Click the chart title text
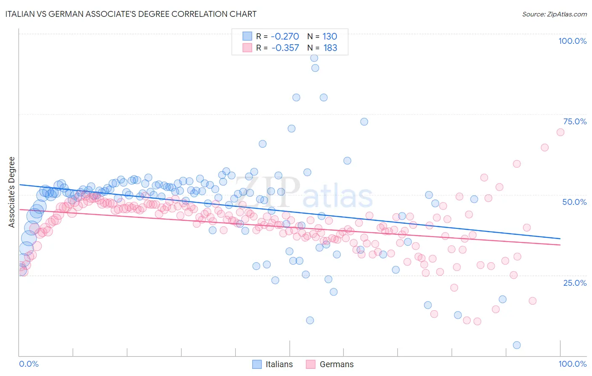pyautogui.click(x=131, y=14)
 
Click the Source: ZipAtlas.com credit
pyautogui.click(x=554, y=14)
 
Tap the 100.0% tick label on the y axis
pyautogui.click(x=572, y=41)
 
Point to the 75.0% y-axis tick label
pyautogui.click(x=575, y=121)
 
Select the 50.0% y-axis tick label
pyautogui.click(x=574, y=202)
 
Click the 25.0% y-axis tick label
pyautogui.click(x=575, y=282)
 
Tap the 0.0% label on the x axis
pyautogui.click(x=29, y=364)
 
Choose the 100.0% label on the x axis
pyautogui.click(x=572, y=364)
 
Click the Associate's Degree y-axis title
pyautogui.click(x=11, y=192)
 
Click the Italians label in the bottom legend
pyautogui.click(x=279, y=364)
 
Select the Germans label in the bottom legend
pyautogui.click(x=336, y=364)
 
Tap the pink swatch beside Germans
pyautogui.click(x=311, y=364)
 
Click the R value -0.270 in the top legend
pyautogui.click(x=285, y=36)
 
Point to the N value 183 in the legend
pyautogui.click(x=330, y=48)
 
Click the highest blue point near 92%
pyautogui.click(x=314, y=58)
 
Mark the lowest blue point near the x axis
pyautogui.click(x=517, y=345)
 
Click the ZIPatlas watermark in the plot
pyautogui.click(x=303, y=193)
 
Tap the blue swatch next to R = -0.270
pyautogui.click(x=247, y=36)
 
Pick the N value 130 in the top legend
pyautogui.click(x=330, y=36)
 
